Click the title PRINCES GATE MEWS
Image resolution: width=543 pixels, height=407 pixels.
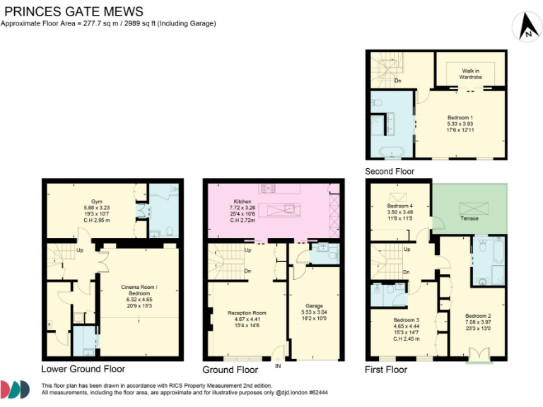point(74,11)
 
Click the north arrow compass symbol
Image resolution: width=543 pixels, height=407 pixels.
point(525,28)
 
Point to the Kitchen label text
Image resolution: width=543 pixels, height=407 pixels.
point(243,201)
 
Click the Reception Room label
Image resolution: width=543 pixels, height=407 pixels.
point(247,312)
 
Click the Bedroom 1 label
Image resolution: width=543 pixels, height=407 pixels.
point(460,117)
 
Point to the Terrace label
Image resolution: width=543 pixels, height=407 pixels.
point(469,218)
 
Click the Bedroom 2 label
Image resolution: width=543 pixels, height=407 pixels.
point(477,315)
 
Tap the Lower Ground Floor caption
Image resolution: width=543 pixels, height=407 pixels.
point(83,369)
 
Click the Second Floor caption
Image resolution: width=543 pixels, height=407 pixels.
point(390,172)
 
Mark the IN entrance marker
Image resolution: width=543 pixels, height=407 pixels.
point(278,365)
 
